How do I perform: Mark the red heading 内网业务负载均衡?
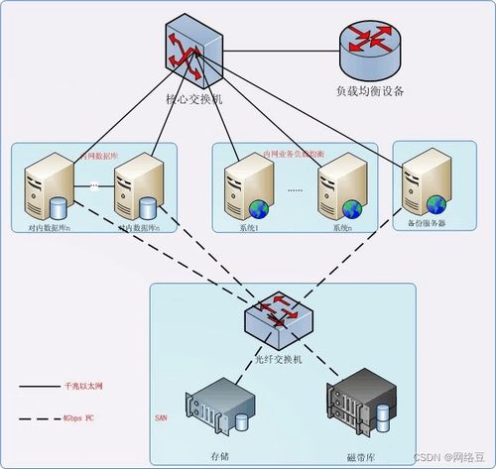tap(293, 156)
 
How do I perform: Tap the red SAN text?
tap(160, 418)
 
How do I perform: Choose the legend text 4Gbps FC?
tap(79, 418)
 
